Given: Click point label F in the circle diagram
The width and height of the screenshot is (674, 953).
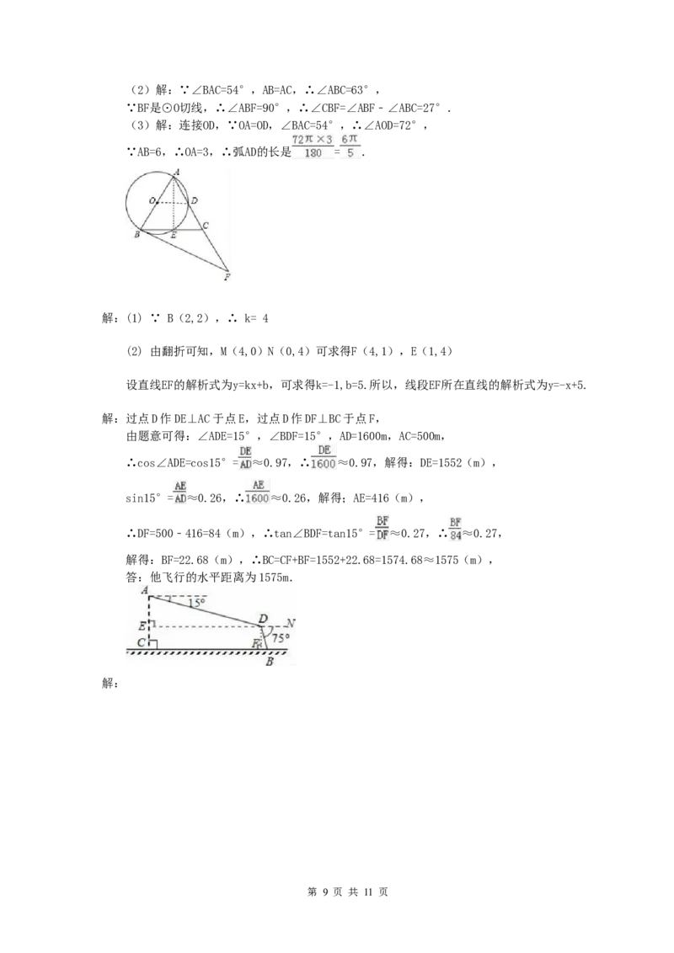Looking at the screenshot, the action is click(x=227, y=277).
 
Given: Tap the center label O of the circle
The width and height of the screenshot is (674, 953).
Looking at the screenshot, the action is click(x=152, y=200).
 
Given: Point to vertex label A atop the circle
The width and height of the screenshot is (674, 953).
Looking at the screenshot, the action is click(x=176, y=172).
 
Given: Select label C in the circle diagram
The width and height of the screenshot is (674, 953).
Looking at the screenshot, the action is click(x=206, y=226).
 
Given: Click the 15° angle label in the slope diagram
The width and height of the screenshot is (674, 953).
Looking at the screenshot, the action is click(x=195, y=603).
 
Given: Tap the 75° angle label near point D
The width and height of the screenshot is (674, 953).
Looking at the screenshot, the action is click(x=281, y=639).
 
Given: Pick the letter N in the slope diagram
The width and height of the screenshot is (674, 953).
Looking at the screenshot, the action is click(x=290, y=624).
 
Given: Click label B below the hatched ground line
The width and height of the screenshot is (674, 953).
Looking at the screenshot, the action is click(x=269, y=662).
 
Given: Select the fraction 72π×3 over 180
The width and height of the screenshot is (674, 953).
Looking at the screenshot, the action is click(x=313, y=146).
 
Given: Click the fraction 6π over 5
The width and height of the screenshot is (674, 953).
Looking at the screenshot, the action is click(x=350, y=146).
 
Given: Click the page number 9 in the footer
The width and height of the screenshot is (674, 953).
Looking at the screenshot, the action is click(x=326, y=892).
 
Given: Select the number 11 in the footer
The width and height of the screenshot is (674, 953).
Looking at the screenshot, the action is click(x=367, y=892).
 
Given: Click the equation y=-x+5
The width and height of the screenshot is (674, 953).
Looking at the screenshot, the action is click(x=566, y=385).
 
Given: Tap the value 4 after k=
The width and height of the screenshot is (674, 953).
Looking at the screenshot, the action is click(x=265, y=318).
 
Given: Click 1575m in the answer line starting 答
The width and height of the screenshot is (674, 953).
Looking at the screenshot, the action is click(x=275, y=578).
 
